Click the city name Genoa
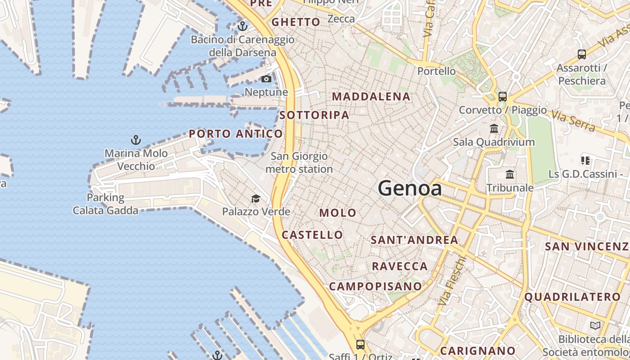[x=410, y=188]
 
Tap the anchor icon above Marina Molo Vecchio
[x=136, y=140]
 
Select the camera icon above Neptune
[x=266, y=79]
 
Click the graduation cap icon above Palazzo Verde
[x=256, y=198]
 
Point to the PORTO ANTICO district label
[x=236, y=134]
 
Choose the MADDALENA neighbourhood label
[x=371, y=96]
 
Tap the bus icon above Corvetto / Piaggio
[x=502, y=96]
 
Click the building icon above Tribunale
[x=510, y=174]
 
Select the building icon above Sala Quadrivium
[x=494, y=129]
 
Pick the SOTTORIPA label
[x=314, y=115]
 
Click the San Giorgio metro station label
[x=299, y=162]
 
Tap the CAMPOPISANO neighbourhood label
[x=376, y=286]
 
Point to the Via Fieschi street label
[x=450, y=282]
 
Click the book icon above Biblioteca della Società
[x=595, y=325]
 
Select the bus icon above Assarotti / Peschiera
[x=581, y=54]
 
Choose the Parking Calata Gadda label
[x=106, y=204]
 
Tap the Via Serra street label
[x=573, y=121]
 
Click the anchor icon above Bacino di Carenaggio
[x=243, y=26]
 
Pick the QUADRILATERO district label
[x=572, y=297]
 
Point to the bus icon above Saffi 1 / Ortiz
[x=360, y=345]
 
